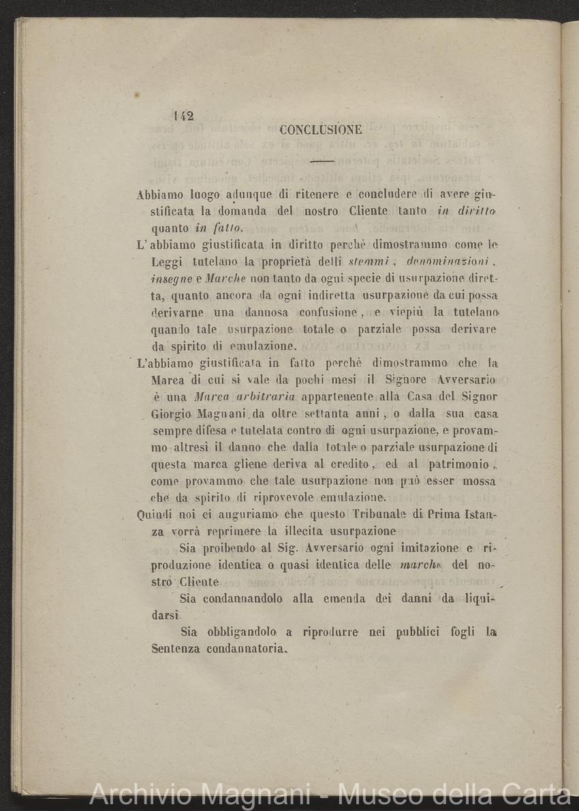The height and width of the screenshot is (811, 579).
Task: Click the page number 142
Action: [x=184, y=116]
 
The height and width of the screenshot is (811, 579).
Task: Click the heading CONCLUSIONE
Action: [x=320, y=129]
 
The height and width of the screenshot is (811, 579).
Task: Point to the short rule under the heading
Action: [x=321, y=162]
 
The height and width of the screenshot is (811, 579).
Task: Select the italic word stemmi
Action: [x=369, y=261]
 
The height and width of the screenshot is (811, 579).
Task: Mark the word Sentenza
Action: [x=176, y=648]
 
